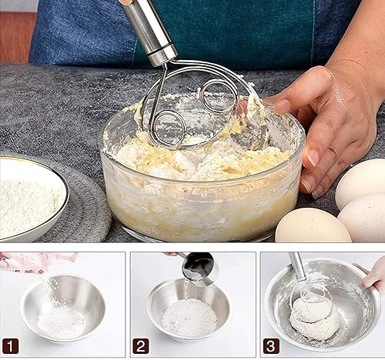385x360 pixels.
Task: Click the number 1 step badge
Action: click(10, 346)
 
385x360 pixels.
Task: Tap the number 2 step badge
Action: click(141, 346)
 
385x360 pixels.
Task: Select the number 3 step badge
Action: click(271, 346)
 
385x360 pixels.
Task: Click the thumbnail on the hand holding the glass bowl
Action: click(282, 106)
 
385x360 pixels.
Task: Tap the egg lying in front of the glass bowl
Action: click(313, 226)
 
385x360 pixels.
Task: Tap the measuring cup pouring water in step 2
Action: click(199, 267)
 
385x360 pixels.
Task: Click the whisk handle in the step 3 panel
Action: click(299, 266)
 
